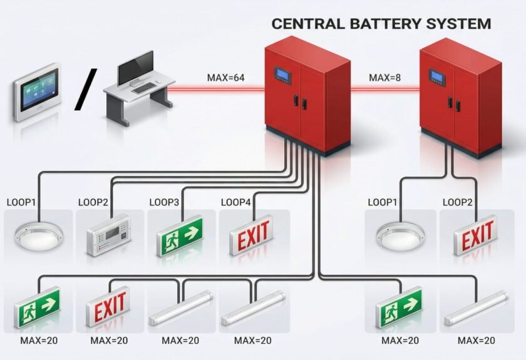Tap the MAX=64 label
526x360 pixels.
pos(226,78)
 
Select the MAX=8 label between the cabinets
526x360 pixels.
pos(385,78)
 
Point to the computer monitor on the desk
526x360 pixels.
pos(135,68)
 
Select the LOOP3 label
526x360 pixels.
pos(165,202)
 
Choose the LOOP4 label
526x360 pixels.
pos(236,202)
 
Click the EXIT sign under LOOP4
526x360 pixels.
pos(253,235)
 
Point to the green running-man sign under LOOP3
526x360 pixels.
pos(182,235)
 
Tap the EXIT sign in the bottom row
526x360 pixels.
pos(110,307)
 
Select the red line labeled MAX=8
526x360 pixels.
pos(384,89)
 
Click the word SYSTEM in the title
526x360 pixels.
pos(456,24)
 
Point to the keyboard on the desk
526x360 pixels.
pos(144,88)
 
